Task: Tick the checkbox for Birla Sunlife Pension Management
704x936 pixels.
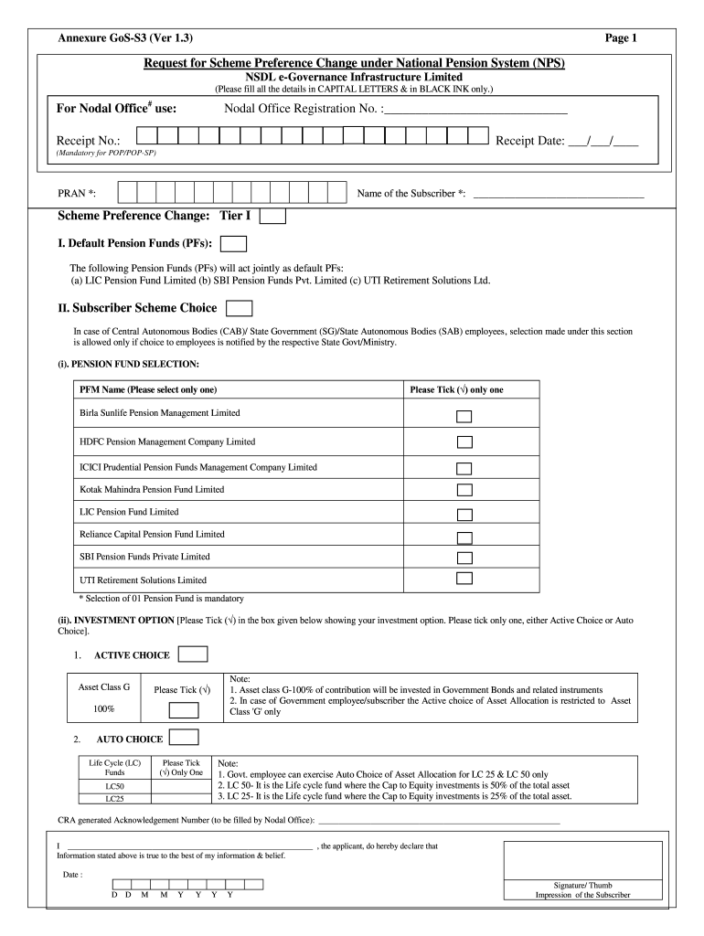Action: coord(464,417)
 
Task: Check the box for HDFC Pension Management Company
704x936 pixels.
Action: coord(464,442)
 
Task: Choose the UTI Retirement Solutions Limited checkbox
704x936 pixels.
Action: coord(464,578)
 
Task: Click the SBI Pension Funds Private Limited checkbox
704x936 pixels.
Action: coord(464,557)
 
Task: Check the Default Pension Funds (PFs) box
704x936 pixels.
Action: coord(234,243)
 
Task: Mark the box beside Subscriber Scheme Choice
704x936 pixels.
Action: coord(239,308)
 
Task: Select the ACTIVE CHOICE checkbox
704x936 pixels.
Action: coord(193,654)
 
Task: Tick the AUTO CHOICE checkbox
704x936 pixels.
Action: coord(184,738)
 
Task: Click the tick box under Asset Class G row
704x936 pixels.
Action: coord(183,710)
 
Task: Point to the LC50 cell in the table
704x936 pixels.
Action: coord(115,785)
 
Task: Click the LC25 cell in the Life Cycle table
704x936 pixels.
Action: coord(115,799)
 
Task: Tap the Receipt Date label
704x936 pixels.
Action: coord(529,141)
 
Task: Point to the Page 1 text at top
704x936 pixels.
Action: coord(621,37)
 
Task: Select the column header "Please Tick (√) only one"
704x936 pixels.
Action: coord(456,390)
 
